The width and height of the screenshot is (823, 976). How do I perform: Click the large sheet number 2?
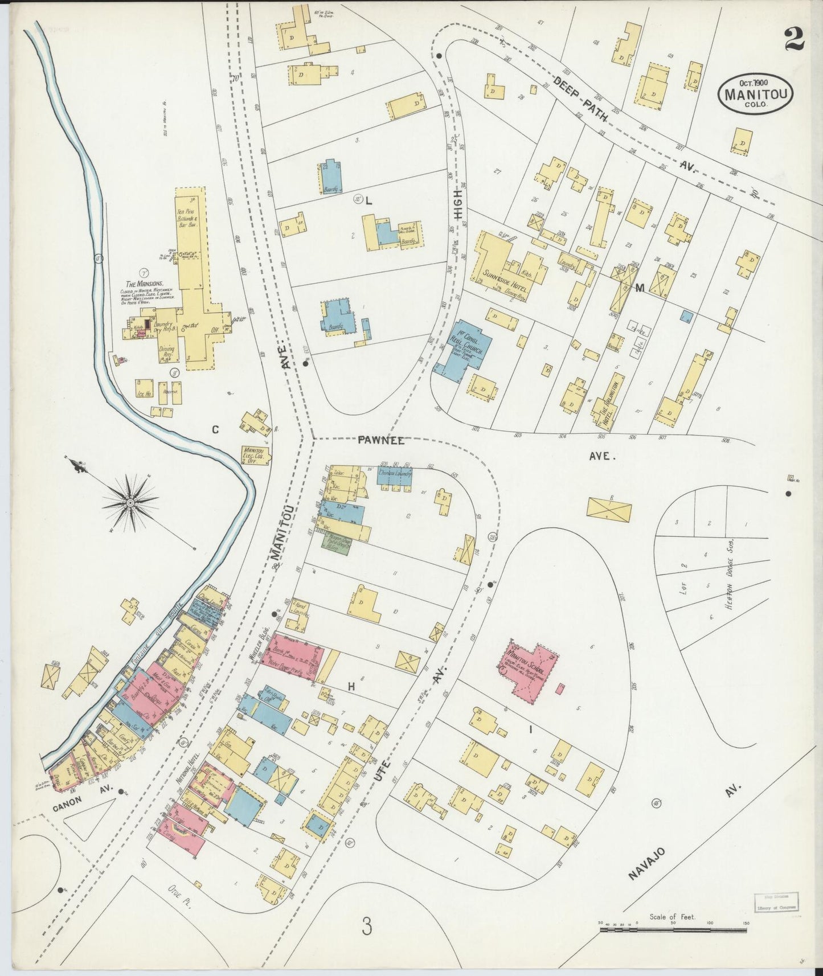(x=794, y=40)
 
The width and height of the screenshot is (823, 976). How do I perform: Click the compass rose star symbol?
(x=130, y=503)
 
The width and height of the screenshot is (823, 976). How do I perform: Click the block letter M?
(x=640, y=288)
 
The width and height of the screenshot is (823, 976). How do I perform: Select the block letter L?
(x=368, y=200)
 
